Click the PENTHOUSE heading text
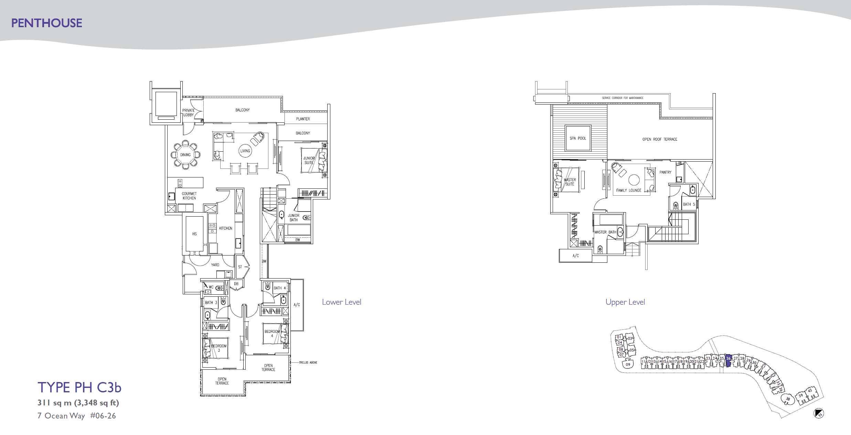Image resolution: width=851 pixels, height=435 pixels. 46,23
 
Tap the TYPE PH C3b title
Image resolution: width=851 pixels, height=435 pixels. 79,388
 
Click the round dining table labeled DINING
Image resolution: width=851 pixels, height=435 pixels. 185,155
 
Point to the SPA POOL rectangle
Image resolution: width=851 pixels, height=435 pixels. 578,138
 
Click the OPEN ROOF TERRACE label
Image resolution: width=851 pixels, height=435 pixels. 660,139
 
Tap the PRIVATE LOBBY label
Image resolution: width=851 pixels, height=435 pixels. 188,113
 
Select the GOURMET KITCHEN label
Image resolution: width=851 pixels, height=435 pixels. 189,196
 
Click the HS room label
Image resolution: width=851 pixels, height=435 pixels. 194,234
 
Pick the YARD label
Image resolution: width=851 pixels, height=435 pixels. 215,265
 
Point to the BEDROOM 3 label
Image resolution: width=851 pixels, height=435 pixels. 219,348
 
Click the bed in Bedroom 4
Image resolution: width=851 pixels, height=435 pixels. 275,333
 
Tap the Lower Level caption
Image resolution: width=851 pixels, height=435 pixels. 341,302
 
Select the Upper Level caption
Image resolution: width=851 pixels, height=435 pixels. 625,302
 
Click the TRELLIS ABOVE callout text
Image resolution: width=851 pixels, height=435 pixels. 308,362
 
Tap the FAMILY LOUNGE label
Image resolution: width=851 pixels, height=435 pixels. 629,190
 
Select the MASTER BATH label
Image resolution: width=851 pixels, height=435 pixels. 605,232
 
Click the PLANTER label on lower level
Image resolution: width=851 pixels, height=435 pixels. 303,119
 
